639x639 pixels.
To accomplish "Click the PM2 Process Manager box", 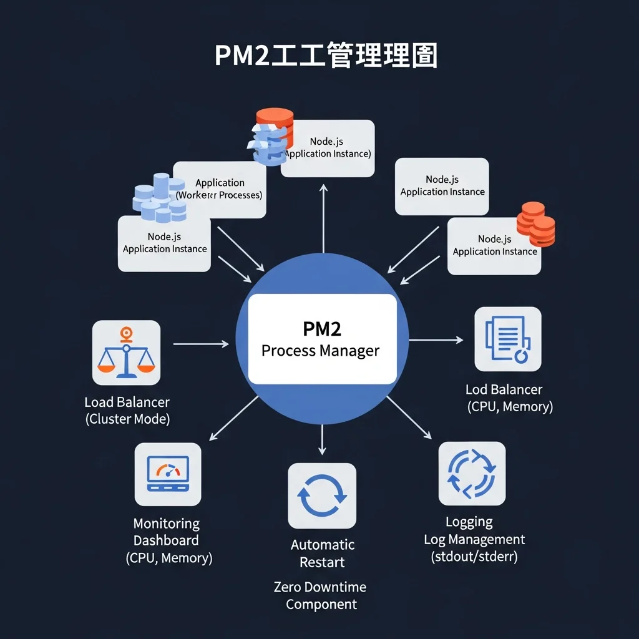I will pyautogui.click(x=322, y=339).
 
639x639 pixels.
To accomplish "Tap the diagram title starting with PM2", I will pyautogui.click(x=326, y=56).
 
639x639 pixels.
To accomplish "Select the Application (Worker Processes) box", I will pyautogui.click(x=220, y=189).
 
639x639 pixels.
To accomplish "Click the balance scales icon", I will pyautogui.click(x=126, y=353).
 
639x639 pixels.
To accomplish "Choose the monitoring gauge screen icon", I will pyautogui.click(x=167, y=474).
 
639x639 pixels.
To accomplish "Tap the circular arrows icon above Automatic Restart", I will pyautogui.click(x=321, y=495).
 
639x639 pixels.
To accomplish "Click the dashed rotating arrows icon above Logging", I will pyautogui.click(x=472, y=473).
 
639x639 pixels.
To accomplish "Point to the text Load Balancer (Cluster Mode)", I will pyautogui.click(x=127, y=411).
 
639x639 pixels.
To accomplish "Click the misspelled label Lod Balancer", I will pyautogui.click(x=504, y=389).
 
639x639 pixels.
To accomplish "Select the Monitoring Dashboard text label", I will pyautogui.click(x=167, y=532).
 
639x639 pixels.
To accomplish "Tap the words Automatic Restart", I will pyautogui.click(x=322, y=554).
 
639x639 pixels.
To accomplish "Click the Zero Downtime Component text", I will pyautogui.click(x=321, y=595).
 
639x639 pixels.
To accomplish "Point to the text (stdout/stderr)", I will pyautogui.click(x=474, y=557).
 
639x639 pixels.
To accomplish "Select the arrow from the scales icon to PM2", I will pyautogui.click(x=201, y=343).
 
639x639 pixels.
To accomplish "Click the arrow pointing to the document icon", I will pyautogui.click(x=436, y=340).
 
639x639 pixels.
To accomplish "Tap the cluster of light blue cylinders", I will pyautogui.click(x=160, y=198).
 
